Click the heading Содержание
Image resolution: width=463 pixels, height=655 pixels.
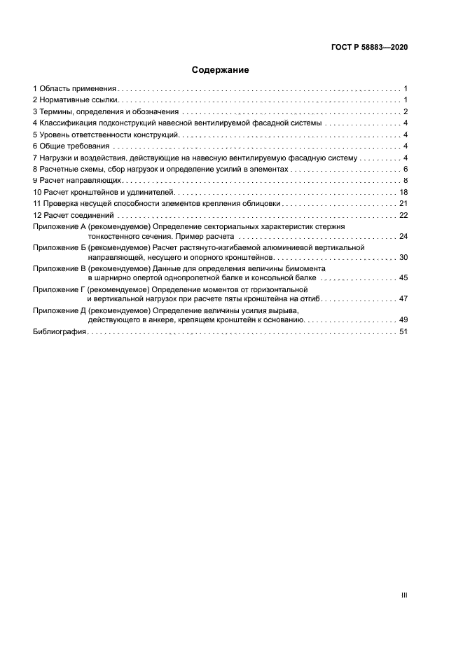[x=221, y=70]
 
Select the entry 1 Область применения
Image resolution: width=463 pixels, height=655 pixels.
[x=74, y=89]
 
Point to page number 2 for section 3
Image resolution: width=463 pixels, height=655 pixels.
[x=406, y=111]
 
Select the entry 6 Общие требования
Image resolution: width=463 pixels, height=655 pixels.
[x=70, y=146]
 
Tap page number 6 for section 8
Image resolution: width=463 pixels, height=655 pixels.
[x=406, y=170]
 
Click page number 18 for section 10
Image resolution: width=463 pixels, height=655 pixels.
[x=403, y=192]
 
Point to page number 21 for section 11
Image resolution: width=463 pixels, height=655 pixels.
[x=403, y=203]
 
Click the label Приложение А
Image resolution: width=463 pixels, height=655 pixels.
[x=59, y=227]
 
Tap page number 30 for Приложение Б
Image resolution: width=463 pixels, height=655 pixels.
[x=403, y=257]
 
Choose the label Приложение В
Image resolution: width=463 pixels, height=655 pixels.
[x=59, y=268]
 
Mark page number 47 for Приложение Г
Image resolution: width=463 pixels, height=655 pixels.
[x=403, y=298]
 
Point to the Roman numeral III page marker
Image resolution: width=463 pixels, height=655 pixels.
[x=404, y=595]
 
